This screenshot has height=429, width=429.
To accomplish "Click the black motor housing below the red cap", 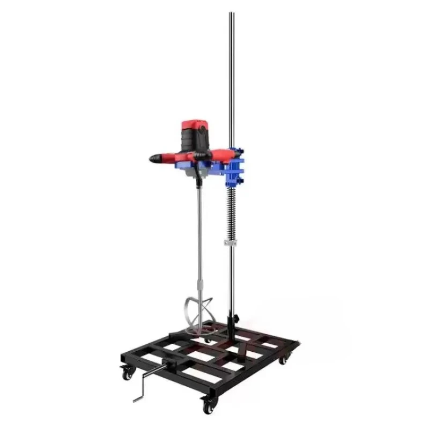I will click(x=194, y=142).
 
